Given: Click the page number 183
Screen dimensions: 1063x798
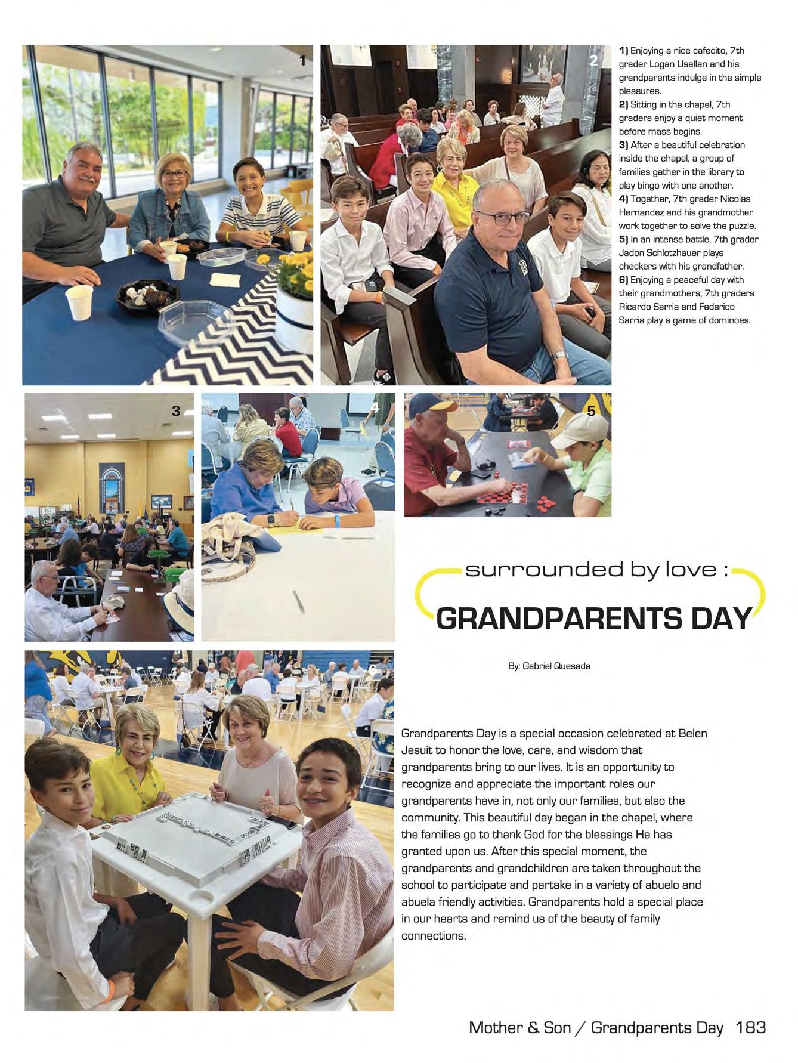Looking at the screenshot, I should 750,1027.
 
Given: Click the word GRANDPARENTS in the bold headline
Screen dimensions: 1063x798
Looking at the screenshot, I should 559,619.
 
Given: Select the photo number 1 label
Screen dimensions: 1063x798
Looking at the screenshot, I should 302,60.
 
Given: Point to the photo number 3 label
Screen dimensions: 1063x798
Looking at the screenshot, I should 176,410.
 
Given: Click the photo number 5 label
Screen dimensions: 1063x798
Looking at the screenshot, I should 591,410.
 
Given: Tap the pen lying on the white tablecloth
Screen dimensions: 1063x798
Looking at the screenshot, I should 299,601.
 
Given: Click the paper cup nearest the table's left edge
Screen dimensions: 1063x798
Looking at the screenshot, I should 79,302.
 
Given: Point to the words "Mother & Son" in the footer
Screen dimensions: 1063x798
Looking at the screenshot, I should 519,1027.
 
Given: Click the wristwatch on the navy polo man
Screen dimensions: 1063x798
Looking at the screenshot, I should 559,356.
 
